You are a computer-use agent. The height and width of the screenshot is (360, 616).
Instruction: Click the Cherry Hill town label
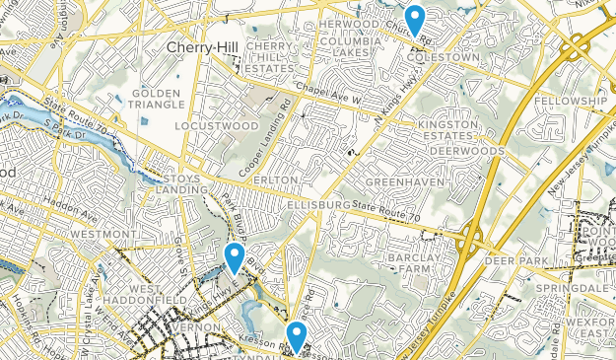click(197, 47)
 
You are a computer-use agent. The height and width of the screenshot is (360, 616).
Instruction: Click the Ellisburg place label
click(321, 204)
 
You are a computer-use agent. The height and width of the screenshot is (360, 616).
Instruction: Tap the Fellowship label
click(571, 102)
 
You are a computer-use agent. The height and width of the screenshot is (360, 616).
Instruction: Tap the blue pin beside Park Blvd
click(235, 257)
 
